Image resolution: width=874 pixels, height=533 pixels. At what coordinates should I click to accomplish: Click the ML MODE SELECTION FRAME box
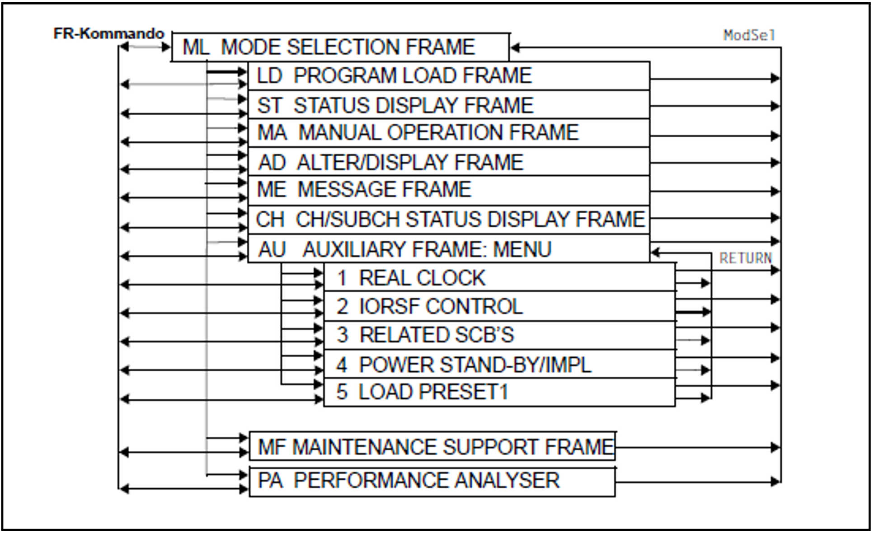click(x=340, y=47)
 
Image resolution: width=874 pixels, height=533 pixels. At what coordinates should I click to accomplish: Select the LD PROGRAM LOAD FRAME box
click(x=448, y=76)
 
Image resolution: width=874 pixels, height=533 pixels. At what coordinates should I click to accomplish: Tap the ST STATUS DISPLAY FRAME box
click(x=448, y=105)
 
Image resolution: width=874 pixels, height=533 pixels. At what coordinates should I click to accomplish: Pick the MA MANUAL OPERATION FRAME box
click(x=448, y=133)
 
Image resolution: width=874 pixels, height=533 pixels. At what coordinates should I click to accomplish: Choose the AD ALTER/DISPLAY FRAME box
click(x=448, y=162)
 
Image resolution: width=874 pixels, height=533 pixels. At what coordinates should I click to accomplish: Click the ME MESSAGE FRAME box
click(x=448, y=190)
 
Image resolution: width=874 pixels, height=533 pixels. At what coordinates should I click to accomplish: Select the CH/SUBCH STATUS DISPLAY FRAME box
click(x=448, y=220)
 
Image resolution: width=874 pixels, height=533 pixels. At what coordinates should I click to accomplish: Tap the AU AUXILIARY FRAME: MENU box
click(x=448, y=249)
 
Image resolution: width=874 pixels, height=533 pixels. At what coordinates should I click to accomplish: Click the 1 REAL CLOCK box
click(x=499, y=277)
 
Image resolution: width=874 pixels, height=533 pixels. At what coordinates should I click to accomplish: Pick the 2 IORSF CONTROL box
click(x=499, y=306)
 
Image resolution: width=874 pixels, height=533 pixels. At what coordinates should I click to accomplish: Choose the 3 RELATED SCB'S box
click(x=499, y=335)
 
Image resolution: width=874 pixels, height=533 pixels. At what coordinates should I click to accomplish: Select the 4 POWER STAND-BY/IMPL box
click(x=499, y=364)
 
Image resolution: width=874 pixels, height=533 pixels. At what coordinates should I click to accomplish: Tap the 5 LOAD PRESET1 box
click(x=499, y=392)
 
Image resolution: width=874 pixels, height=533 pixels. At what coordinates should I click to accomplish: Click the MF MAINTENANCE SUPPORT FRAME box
click(x=432, y=447)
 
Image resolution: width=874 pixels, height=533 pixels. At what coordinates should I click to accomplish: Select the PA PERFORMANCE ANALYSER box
click(x=432, y=481)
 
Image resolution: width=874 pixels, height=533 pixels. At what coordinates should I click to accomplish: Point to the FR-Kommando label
click(x=108, y=33)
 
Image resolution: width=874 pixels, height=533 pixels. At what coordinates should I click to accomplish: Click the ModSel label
click(x=749, y=35)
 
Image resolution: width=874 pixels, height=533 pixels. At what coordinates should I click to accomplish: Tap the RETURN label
click(x=745, y=258)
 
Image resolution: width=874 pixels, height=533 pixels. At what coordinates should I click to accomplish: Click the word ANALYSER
click(x=507, y=480)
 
